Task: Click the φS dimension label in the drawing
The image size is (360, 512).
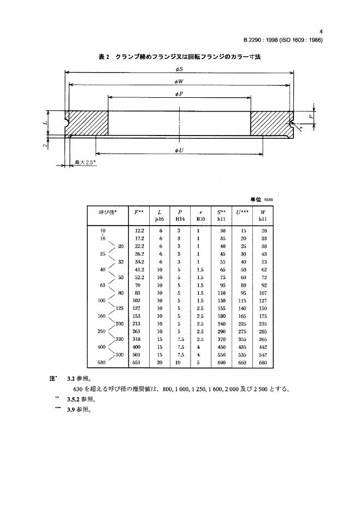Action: pyautogui.click(x=179, y=70)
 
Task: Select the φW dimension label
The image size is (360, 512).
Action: pyautogui.click(x=179, y=82)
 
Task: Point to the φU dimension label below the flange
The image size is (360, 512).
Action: pyautogui.click(x=179, y=150)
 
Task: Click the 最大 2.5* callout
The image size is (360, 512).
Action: pyautogui.click(x=85, y=163)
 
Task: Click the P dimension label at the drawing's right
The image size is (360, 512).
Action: pyautogui.click(x=310, y=116)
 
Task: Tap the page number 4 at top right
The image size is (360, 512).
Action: pyautogui.click(x=321, y=32)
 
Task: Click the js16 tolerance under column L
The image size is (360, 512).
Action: pyautogui.click(x=160, y=219)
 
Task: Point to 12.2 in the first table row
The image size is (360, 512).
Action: pyautogui.click(x=139, y=231)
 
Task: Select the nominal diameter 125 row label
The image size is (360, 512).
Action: pyautogui.click(x=120, y=308)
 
